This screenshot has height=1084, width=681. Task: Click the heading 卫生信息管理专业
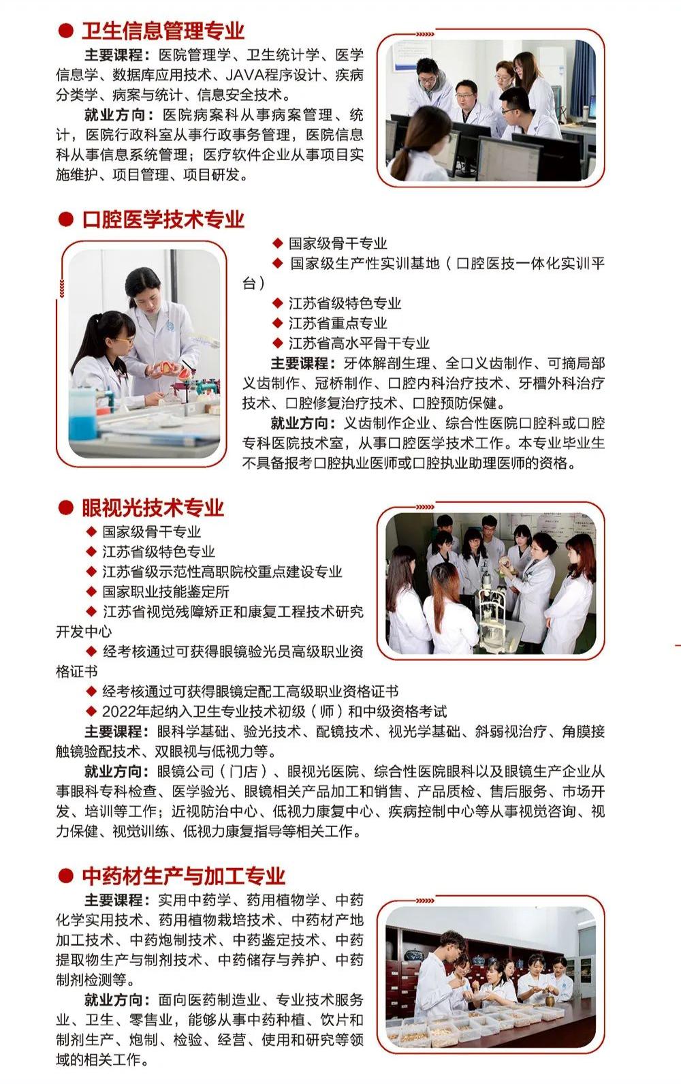pyautogui.click(x=163, y=31)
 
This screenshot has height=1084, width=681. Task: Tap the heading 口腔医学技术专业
pyautogui.click(x=163, y=219)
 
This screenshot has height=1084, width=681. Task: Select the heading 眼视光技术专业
pyautogui.click(x=153, y=508)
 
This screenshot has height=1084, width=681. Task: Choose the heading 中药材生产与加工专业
pyautogui.click(x=184, y=876)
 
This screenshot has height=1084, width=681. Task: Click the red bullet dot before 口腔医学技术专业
pyautogui.click(x=65, y=219)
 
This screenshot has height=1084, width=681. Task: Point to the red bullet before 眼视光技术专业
pyautogui.click(x=65, y=508)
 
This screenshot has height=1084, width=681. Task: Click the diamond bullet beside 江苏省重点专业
pyautogui.click(x=277, y=323)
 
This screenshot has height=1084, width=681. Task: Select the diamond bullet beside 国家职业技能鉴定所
pyautogui.click(x=91, y=591)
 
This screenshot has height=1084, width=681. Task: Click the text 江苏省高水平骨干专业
pyautogui.click(x=359, y=343)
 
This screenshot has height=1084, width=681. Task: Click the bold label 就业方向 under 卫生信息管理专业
pyautogui.click(x=114, y=115)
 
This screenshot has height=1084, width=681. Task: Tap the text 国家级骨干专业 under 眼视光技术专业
pyautogui.click(x=151, y=531)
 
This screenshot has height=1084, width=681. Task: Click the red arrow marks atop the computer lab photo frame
pyautogui.click(x=425, y=34)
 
